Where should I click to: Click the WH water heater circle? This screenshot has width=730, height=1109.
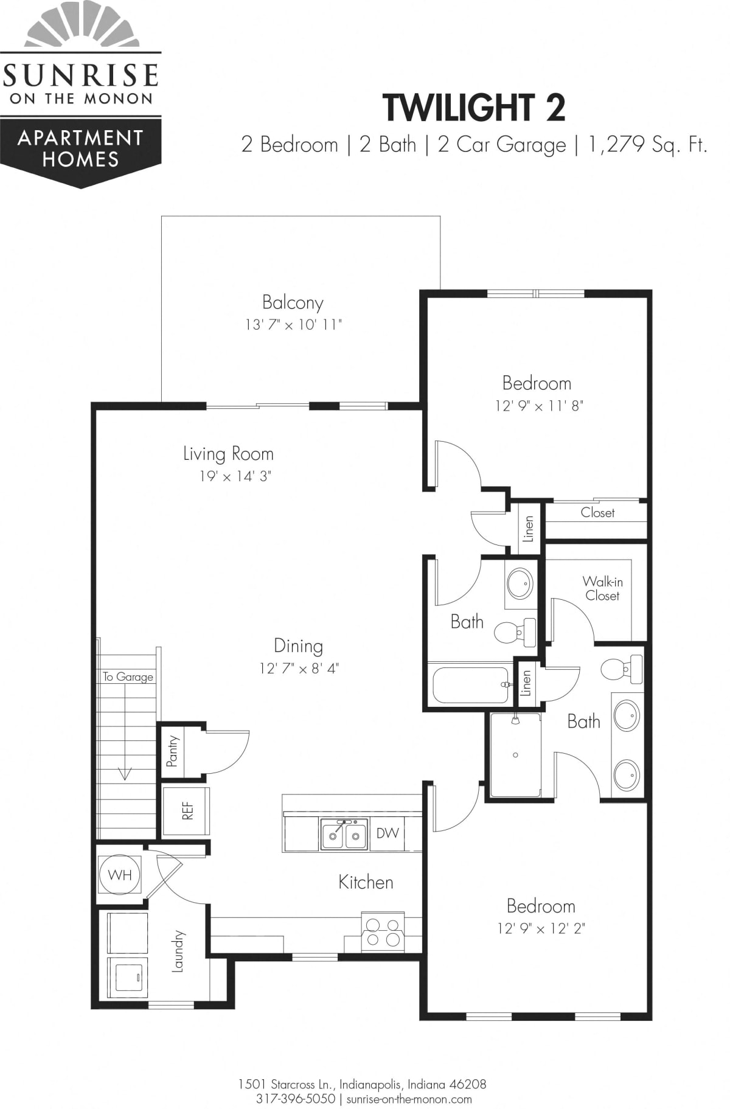point(120,875)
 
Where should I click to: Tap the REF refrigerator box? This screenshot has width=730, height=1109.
point(186,811)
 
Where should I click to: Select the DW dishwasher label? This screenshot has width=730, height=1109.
point(388,833)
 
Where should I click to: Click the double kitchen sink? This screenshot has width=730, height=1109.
point(344,834)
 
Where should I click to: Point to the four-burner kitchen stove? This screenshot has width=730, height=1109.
point(383,932)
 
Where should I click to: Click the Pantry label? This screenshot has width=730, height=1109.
point(173,751)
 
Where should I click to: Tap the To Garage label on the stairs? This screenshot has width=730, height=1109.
point(128,676)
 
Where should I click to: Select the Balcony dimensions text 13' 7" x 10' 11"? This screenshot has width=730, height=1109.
point(293,325)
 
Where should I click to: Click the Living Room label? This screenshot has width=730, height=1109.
point(228,454)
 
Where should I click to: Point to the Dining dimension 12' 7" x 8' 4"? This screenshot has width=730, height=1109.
point(299,669)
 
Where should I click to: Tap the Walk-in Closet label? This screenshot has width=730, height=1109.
point(602,588)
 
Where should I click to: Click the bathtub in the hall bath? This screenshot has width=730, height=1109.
point(470,685)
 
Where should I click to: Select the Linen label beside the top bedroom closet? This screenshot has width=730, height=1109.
point(528,529)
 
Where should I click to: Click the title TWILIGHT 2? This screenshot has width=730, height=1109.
point(474,107)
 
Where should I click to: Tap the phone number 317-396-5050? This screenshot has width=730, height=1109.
point(296,1099)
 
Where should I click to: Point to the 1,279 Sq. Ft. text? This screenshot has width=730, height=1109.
point(647,145)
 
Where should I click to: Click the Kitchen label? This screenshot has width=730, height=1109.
point(366,882)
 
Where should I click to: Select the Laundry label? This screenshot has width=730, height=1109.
point(177,951)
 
